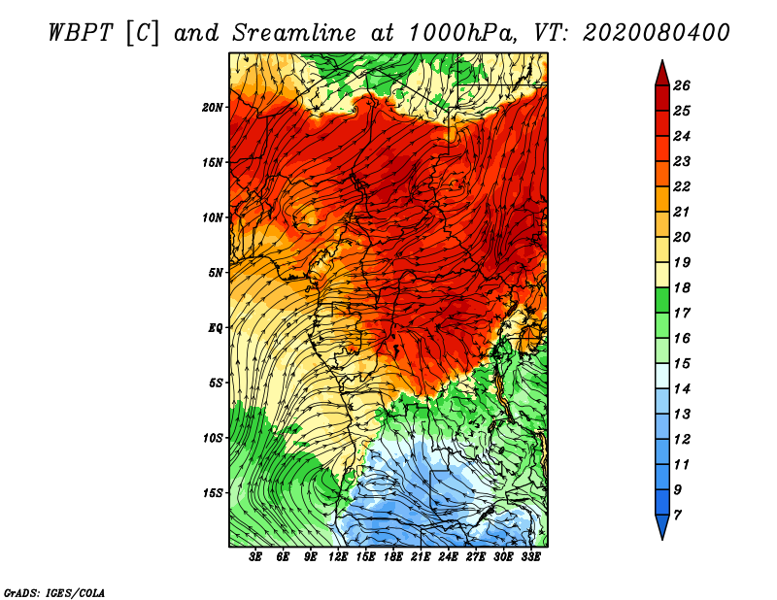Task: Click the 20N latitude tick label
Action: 213,108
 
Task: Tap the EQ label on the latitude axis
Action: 215,328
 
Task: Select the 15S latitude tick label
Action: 213,493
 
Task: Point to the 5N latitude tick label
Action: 216,273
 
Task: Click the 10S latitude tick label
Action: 213,439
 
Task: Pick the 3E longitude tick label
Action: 255,557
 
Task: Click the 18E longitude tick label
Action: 393,557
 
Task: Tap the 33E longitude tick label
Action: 530,557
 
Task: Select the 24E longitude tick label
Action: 448,557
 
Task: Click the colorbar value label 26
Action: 682,85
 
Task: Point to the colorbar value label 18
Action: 682,287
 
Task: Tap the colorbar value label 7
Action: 678,516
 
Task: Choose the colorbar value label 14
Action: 682,389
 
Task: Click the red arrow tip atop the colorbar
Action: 662,60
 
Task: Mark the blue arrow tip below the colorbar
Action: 662,540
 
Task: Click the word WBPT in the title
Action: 81,33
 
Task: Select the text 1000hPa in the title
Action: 459,33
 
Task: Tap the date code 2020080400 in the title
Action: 657,33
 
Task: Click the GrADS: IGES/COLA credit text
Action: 54,593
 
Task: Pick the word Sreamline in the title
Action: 294,33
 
